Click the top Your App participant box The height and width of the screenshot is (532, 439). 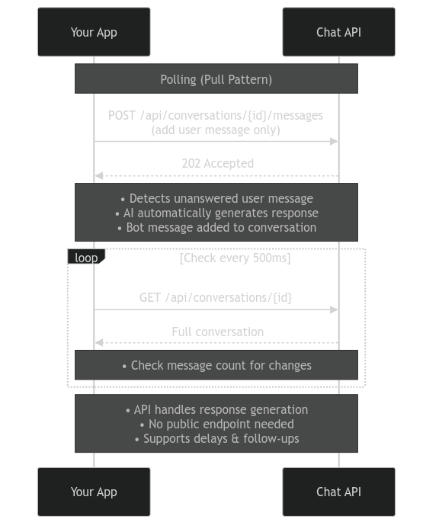(94, 32)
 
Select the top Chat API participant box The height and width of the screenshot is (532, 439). (338, 32)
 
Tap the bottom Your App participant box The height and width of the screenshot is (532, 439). (94, 492)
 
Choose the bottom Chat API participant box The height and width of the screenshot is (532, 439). (338, 492)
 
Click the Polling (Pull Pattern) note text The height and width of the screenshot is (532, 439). (216, 79)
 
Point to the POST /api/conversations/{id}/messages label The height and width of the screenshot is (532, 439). (216, 115)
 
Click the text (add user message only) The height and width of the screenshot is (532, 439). (216, 130)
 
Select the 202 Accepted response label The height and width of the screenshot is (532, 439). (217, 163)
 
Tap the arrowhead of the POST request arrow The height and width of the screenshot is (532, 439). (335, 142)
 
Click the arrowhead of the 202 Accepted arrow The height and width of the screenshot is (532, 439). (98, 176)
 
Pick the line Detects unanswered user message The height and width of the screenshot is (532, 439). (216, 199)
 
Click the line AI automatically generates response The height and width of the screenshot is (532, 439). (216, 213)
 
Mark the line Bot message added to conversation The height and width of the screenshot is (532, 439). (216, 227)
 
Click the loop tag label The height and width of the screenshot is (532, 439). (86, 258)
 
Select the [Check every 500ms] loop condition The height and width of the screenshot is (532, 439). (235, 258)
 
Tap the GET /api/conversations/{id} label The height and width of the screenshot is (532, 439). (216, 296)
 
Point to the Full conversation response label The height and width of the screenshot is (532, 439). (217, 332)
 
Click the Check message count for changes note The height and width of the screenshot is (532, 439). (216, 365)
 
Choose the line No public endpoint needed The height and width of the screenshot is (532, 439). (216, 424)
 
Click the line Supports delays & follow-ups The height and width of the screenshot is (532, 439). (216, 438)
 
